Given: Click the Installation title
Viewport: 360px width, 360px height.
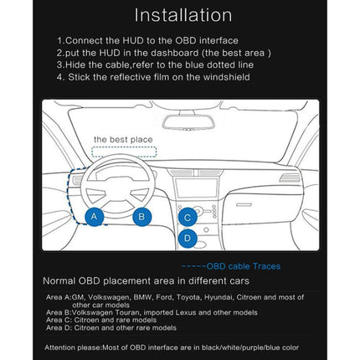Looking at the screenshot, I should tap(183, 15).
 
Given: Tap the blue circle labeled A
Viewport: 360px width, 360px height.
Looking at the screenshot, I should tap(95, 216).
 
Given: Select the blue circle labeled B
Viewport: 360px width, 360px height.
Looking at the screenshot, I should tap(141, 216).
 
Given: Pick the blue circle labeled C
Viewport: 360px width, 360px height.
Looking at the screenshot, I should tap(188, 217).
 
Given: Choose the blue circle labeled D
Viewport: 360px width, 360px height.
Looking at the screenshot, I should tap(188, 238).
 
